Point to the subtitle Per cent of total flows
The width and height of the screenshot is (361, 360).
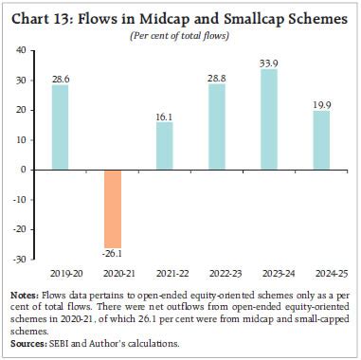[x=180, y=35]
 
